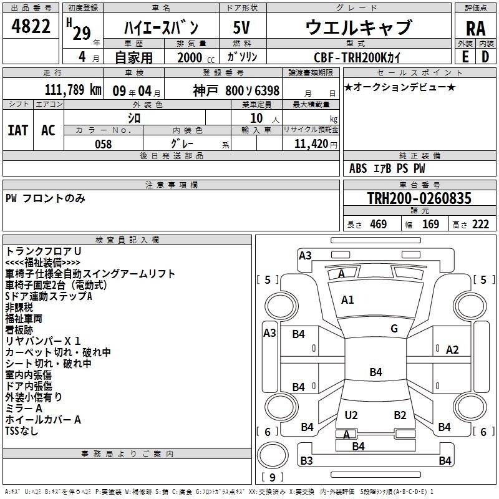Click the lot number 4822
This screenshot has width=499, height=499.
coord(31,26)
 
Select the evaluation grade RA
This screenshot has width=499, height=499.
coord(475,29)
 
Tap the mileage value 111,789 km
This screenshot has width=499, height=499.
coord(73,90)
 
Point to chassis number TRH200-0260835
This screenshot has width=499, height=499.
coord(419,198)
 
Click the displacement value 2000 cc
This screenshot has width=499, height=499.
coord(196,57)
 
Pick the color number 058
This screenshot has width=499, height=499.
coord(104,144)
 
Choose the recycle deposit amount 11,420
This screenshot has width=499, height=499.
coord(311,144)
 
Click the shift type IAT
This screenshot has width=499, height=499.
coord(18,130)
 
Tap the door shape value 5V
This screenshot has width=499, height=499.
coord(241,27)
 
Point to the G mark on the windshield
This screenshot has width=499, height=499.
coord(394,329)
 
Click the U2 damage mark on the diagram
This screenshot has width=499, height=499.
coord(351,415)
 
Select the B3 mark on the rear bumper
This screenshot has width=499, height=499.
coord(306,460)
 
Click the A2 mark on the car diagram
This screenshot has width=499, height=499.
coord(452,350)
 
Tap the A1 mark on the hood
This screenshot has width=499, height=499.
coord(347,300)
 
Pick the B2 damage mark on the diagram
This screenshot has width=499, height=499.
coord(400,415)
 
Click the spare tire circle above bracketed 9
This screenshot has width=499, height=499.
coord(273,455)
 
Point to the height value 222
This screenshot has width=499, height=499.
coord(480,225)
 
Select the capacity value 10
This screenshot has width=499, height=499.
coord(256,119)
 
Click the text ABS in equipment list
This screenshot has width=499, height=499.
coord(358,168)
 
